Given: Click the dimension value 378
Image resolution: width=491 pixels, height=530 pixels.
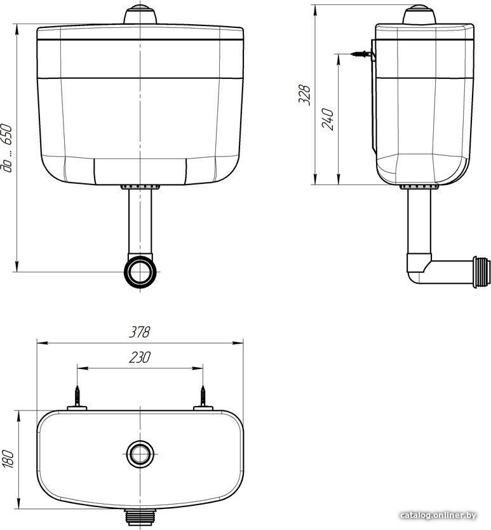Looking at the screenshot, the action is tap(139, 331).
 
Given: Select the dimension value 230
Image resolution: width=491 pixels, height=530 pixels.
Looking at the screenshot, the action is tap(139, 357).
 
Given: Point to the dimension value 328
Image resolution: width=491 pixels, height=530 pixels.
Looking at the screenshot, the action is tap(304, 95).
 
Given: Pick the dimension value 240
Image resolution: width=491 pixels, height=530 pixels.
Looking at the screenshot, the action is tap(328, 120).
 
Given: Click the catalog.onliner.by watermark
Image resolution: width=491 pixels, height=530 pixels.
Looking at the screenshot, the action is tap(438, 515).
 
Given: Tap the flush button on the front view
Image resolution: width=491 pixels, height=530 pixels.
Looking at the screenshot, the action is tap(140, 14).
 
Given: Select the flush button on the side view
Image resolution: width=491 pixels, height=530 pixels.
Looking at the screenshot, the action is tap(419, 14).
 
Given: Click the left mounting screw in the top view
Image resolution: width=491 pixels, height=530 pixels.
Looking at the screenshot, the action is tap(77, 396).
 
